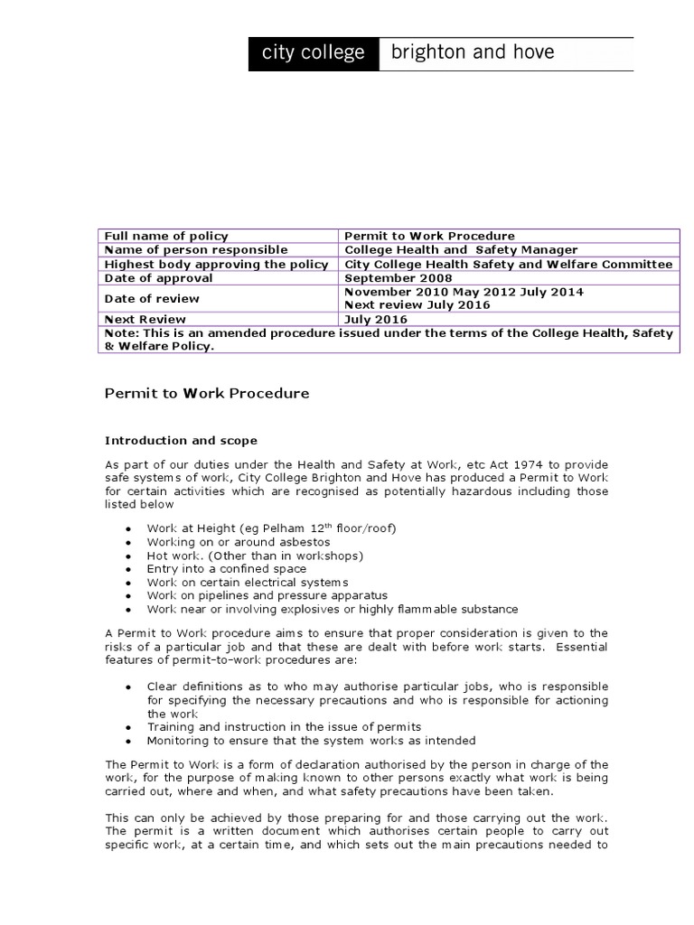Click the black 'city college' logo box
pos(314,53)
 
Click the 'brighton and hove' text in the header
pos(472,52)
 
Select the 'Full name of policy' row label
pos(166,236)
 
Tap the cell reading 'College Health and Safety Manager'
pos(461,249)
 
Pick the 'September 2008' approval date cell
pos(399,278)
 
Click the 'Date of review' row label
pos(152,298)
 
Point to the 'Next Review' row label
pos(145,319)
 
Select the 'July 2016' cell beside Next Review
pos(376,319)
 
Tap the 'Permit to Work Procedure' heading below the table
pos(207,393)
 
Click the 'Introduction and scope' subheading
pos(181,441)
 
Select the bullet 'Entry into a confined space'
pos(227,569)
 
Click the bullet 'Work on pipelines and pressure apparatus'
pos(267,595)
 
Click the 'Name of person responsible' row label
pos(196,249)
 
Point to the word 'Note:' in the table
pos(121,333)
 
